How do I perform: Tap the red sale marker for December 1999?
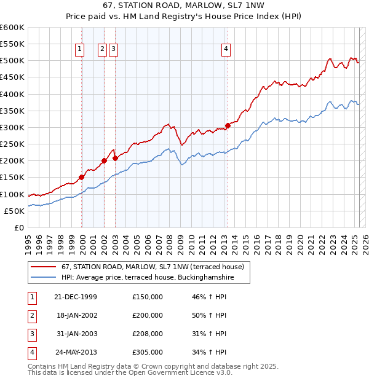pyautogui.click(x=82, y=177)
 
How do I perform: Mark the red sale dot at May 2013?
pyautogui.click(x=228, y=125)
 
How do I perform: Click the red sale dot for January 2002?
pyautogui.click(x=104, y=160)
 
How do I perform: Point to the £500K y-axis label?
pyautogui.click(x=12, y=61)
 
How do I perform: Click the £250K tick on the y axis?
pyautogui.click(x=12, y=144)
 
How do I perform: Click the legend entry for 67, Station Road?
pyautogui.click(x=153, y=267)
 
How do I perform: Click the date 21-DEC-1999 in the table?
pyautogui.click(x=76, y=297)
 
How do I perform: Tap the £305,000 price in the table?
pyautogui.click(x=148, y=352)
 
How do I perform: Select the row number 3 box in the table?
pyautogui.click(x=31, y=334)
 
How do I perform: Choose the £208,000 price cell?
pyautogui.click(x=148, y=334)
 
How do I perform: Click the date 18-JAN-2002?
pyautogui.click(x=76, y=315)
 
